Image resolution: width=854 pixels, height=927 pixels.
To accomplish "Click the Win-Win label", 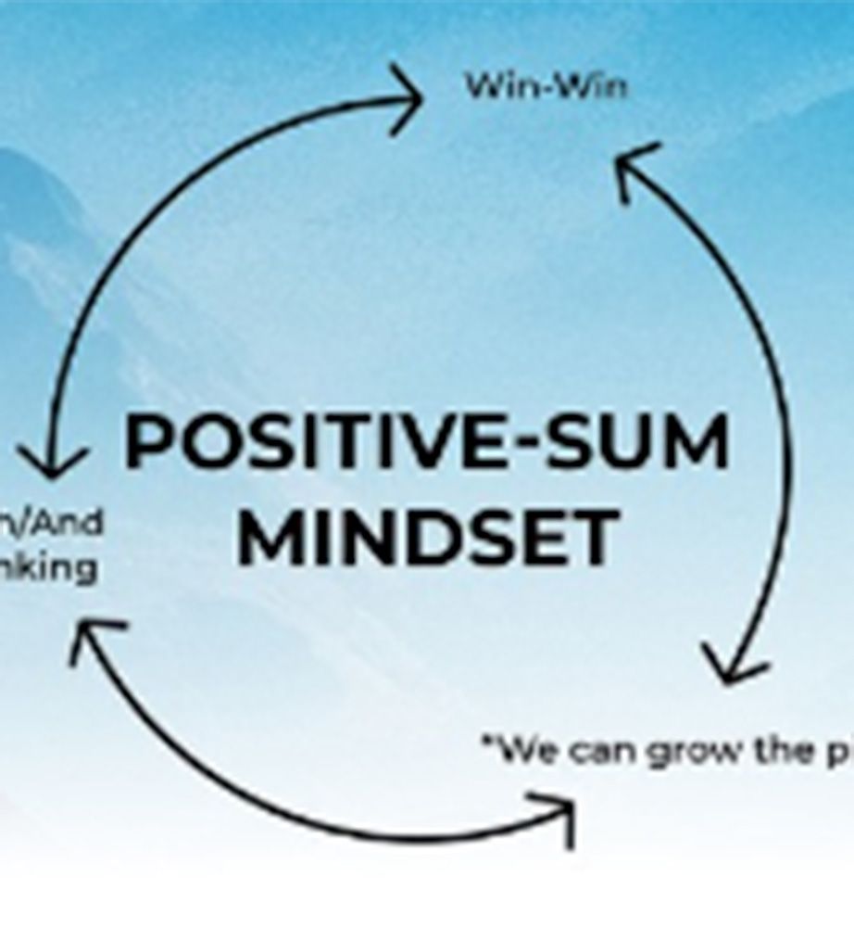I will pyautogui.click(x=546, y=86).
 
